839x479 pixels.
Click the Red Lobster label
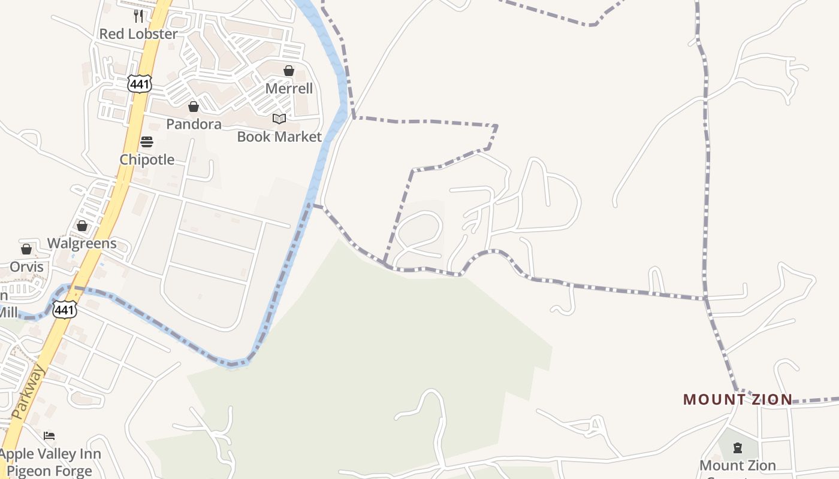point(138,34)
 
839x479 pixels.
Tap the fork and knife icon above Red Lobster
point(138,15)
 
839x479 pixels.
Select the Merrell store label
point(289,89)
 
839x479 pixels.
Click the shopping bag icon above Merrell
point(289,71)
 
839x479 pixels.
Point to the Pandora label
point(194,124)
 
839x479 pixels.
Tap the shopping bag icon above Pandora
point(194,107)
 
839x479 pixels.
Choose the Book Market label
point(279,137)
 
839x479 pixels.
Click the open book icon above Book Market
point(279,119)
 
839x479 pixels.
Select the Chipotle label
point(147,160)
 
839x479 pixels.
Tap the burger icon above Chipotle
point(147,142)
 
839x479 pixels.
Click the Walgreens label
point(82,244)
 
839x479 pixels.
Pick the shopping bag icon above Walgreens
point(82,226)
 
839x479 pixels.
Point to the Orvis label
point(26,266)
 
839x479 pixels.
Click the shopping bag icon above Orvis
point(26,249)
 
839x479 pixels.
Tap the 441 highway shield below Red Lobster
point(139,84)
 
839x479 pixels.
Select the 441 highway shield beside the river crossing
point(64,310)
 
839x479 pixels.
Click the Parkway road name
point(28,392)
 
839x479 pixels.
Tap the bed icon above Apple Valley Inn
point(50,436)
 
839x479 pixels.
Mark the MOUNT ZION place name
point(738,399)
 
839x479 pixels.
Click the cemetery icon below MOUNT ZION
point(738,448)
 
